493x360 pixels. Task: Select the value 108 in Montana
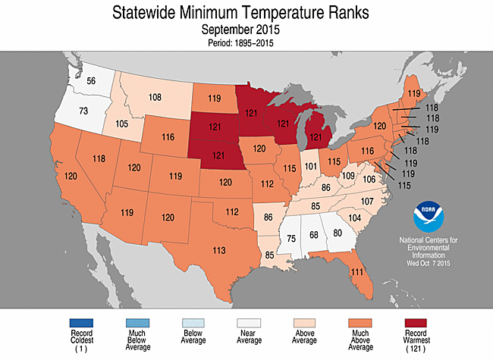tap(155, 97)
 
